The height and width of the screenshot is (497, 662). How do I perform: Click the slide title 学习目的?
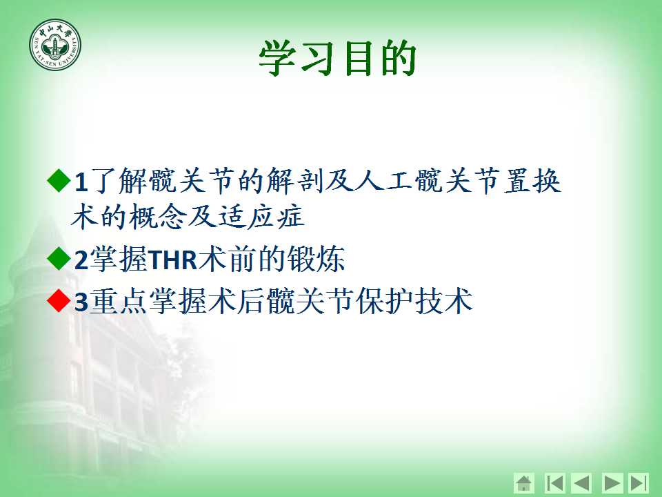(338, 58)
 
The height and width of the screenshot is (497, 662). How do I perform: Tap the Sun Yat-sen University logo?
(55, 44)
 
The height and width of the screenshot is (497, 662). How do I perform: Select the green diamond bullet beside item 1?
(59, 180)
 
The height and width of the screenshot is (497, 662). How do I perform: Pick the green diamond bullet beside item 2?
(59, 259)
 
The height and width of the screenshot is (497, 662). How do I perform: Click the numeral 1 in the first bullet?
(81, 182)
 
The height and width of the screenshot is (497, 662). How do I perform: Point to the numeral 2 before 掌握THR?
(81, 260)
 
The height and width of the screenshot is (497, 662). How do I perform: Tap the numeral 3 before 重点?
(81, 302)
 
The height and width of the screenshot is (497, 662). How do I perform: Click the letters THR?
(173, 260)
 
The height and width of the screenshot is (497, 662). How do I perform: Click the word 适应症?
(261, 217)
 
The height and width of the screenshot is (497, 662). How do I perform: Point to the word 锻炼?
(316, 259)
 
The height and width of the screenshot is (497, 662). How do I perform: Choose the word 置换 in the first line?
(532, 181)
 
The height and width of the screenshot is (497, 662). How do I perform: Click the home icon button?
(524, 483)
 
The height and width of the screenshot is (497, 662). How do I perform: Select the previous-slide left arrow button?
(581, 483)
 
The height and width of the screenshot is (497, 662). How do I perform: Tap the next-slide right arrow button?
(612, 483)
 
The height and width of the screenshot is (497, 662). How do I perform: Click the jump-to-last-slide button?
(639, 483)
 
